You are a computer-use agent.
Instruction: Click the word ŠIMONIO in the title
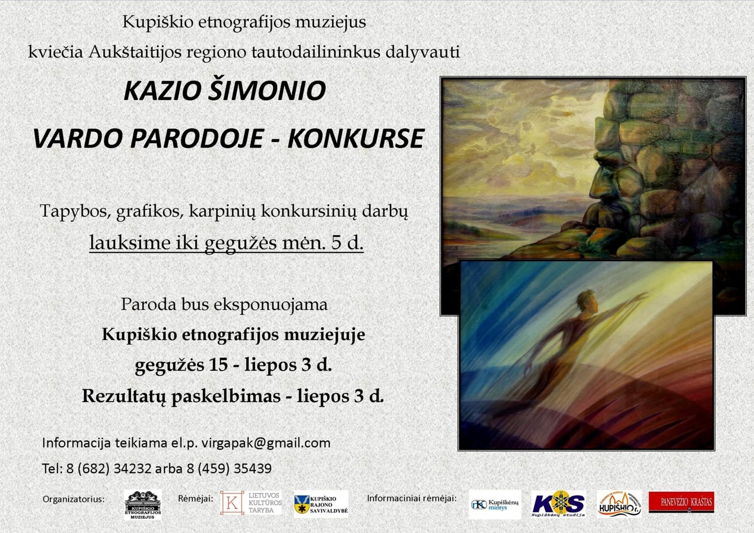pyautogui.click(x=267, y=90)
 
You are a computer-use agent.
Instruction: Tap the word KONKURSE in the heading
pyautogui.click(x=356, y=138)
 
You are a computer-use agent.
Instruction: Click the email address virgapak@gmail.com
pyautogui.click(x=266, y=443)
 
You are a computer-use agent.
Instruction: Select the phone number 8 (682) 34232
pyautogui.click(x=109, y=469)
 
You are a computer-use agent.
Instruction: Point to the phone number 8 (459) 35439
pyautogui.click(x=229, y=469)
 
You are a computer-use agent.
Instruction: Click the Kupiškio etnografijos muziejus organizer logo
pyautogui.click(x=143, y=505)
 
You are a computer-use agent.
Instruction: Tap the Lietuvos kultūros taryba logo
pyautogui.click(x=251, y=503)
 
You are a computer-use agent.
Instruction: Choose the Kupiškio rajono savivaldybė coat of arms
pyautogui.click(x=302, y=505)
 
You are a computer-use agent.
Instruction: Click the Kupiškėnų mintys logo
pyautogui.click(x=495, y=504)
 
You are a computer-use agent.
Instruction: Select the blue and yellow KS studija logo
pyautogui.click(x=558, y=504)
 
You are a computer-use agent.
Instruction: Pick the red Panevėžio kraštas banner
pyautogui.click(x=681, y=502)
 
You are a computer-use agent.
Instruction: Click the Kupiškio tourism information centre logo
pyautogui.click(x=619, y=504)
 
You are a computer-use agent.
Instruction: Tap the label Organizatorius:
pyautogui.click(x=73, y=499)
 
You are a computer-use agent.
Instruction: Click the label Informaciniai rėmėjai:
pyautogui.click(x=412, y=498)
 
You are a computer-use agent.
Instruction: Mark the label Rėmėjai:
pyautogui.click(x=196, y=498)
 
